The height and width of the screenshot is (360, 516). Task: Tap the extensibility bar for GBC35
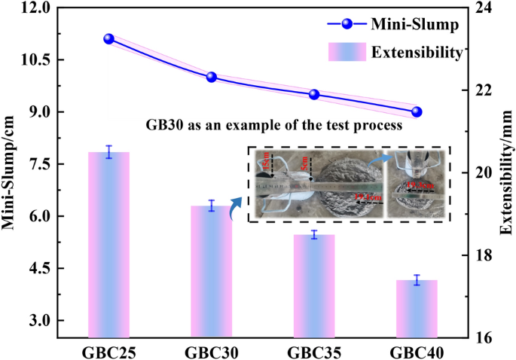coord(314,286)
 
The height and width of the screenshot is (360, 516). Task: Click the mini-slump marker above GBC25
coord(108,39)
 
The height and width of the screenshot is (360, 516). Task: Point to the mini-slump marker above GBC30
coord(212,77)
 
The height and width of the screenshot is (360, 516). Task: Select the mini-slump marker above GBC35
coord(314,94)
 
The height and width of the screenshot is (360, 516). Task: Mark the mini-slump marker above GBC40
coord(417,111)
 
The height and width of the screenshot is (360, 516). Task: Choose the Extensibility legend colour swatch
coord(347,52)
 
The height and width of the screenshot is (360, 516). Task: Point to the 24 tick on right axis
coord(482,8)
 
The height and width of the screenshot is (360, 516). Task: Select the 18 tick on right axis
coord(482,255)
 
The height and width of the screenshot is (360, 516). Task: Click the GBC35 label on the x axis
coord(314,351)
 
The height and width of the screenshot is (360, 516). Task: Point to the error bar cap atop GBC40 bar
coord(417,276)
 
